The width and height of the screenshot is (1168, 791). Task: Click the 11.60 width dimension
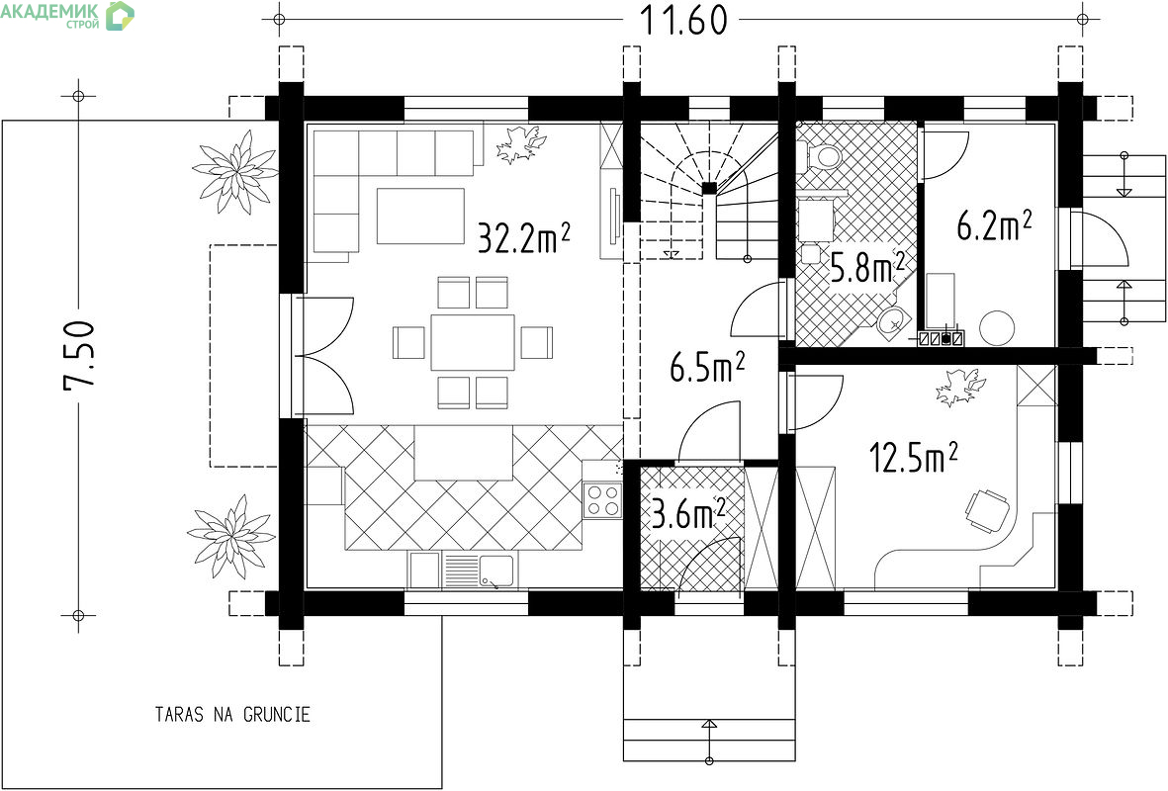point(683,20)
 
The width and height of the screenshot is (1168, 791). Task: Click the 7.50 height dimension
point(79,355)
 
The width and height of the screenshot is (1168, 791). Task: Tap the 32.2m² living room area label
point(523,237)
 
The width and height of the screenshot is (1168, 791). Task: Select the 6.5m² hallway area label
point(707,367)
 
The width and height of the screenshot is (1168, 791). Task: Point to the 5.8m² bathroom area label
point(867,268)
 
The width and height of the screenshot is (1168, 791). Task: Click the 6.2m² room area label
point(994,225)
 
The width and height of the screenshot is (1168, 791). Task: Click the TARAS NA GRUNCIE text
point(232,715)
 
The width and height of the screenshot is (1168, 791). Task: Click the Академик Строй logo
point(68,14)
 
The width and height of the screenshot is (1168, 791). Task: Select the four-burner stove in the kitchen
point(602,500)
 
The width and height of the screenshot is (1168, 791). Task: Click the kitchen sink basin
point(496,571)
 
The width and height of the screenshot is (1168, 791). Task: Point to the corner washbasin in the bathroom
point(892,321)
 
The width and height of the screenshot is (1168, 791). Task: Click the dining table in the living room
point(473,342)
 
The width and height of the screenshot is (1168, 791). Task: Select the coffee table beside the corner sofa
point(420,216)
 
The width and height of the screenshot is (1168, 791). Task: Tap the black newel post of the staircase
point(709,188)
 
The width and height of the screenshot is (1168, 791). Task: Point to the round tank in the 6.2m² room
point(997,327)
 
